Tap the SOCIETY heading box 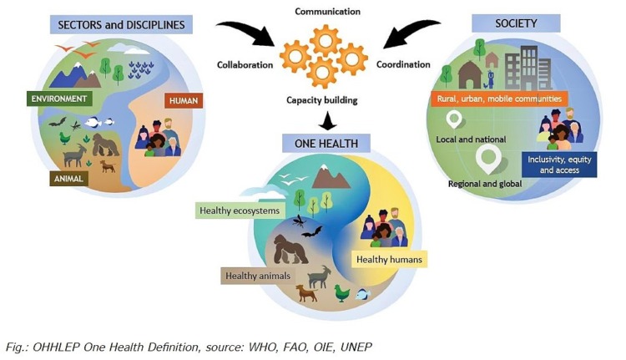point(517,23)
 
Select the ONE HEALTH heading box point(326,143)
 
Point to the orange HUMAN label point(183,100)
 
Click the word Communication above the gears point(329,13)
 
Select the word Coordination point(403,64)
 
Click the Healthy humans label point(390,260)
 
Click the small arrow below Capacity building point(326,119)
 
